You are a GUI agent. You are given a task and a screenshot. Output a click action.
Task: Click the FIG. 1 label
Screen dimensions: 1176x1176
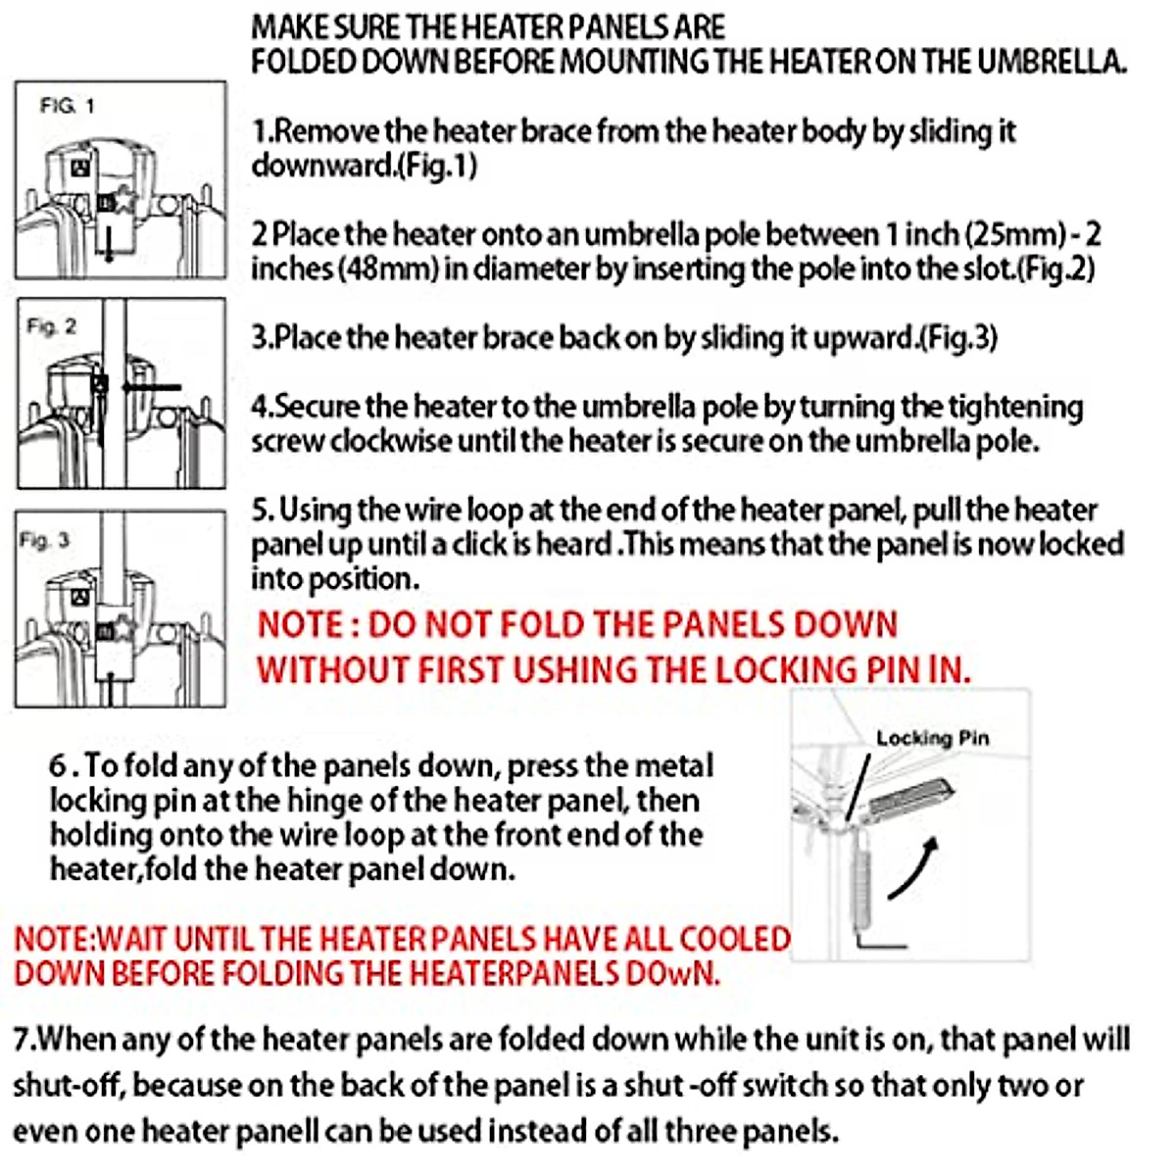(67, 105)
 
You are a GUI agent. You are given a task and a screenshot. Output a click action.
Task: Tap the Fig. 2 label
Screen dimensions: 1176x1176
(51, 326)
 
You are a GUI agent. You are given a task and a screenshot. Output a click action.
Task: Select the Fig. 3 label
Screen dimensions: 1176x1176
(44, 540)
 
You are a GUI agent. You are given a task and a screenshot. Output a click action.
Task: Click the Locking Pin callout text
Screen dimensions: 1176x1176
(932, 738)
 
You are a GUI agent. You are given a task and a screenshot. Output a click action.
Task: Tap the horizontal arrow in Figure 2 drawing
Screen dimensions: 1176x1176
(152, 387)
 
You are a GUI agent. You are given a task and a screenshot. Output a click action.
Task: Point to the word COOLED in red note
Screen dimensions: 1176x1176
(734, 939)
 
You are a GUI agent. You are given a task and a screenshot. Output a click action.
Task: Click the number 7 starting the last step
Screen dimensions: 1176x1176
(22, 1039)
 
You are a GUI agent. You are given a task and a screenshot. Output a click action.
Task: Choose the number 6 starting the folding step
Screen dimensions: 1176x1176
(58, 765)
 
